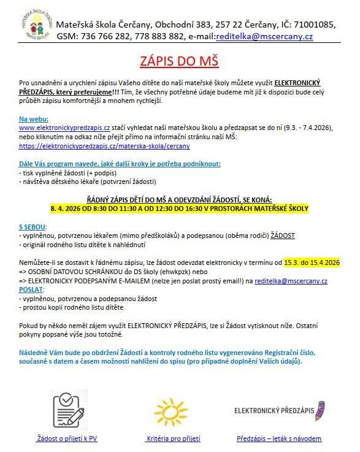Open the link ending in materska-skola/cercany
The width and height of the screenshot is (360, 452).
(x=104, y=146)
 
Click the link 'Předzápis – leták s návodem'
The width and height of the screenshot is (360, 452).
(x=279, y=439)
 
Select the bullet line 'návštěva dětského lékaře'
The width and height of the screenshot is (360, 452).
(x=89, y=182)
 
